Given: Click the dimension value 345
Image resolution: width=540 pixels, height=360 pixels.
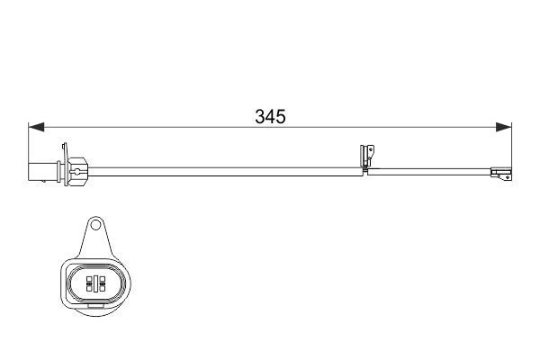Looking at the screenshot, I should (x=269, y=117).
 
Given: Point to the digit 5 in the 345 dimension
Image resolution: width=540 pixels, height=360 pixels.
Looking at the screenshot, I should (x=281, y=117).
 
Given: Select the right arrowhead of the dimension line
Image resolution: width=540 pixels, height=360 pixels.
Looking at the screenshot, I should (x=505, y=128).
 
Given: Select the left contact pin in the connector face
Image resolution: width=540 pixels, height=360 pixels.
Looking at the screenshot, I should (x=87, y=283).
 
